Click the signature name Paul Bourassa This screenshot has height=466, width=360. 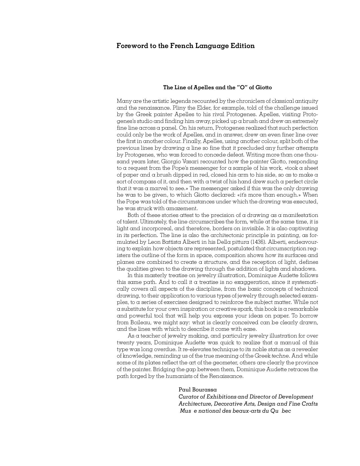pyautogui.click(x=198, y=390)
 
